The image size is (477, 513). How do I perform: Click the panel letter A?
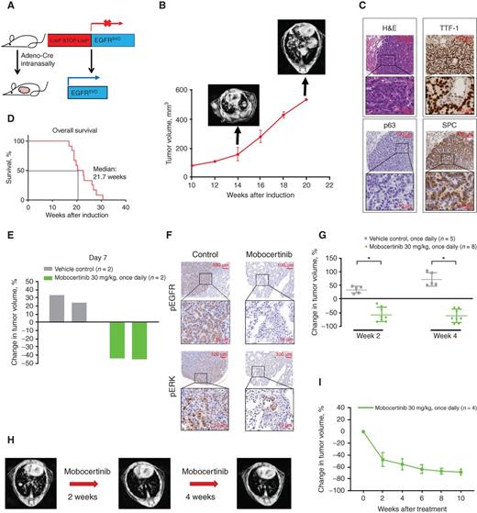point(7,8)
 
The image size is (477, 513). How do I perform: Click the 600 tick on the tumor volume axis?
point(182,89)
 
